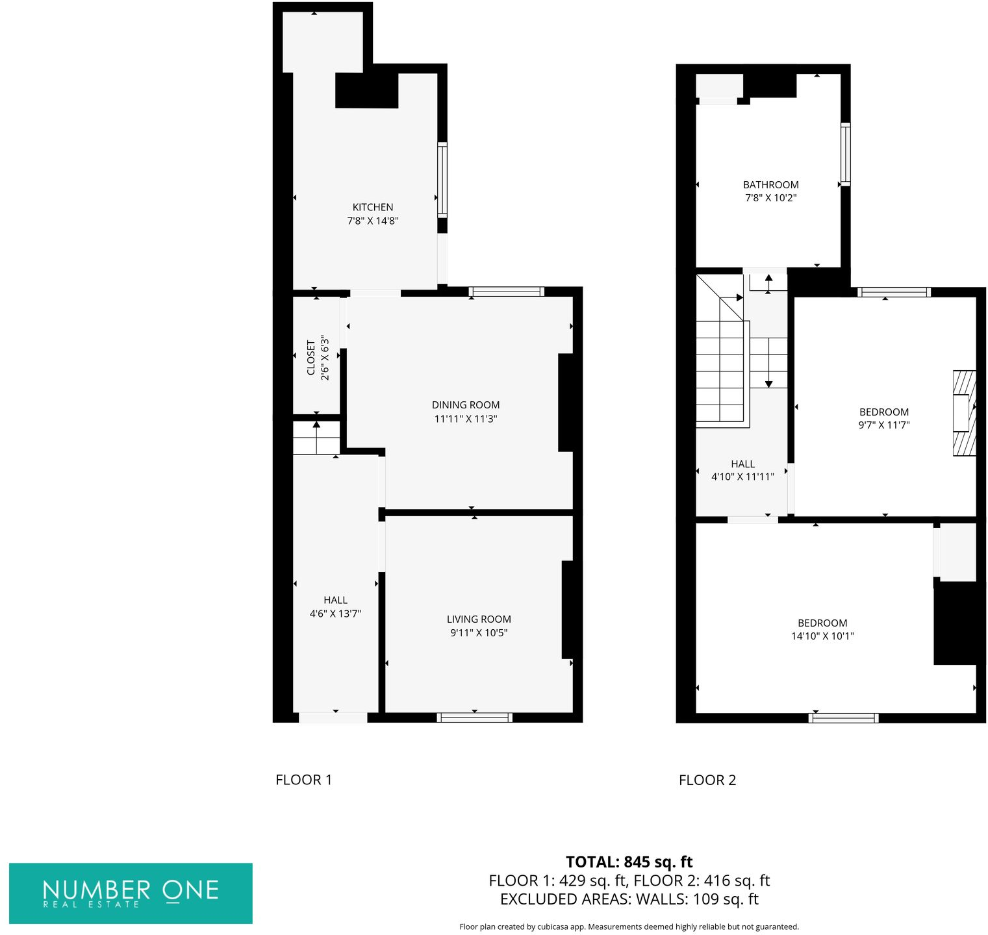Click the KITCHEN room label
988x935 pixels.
pyautogui.click(x=372, y=207)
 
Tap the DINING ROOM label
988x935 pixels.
pyautogui.click(x=466, y=405)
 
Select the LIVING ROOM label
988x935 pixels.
pyautogui.click(x=479, y=619)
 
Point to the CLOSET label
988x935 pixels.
pyautogui.click(x=310, y=358)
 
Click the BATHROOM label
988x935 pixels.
pyautogui.click(x=770, y=185)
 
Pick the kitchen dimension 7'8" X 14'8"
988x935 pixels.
pyautogui.click(x=372, y=221)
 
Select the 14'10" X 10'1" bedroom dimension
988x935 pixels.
pyautogui.click(x=822, y=636)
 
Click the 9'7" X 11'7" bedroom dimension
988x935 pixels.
pyautogui.click(x=883, y=425)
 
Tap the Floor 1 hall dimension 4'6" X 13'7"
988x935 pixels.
pyautogui.click(x=335, y=614)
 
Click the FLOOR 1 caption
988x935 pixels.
pyautogui.click(x=303, y=780)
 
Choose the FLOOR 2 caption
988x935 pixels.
pyautogui.click(x=707, y=780)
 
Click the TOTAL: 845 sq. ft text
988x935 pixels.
pyautogui.click(x=629, y=862)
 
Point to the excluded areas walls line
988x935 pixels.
pyautogui.click(x=629, y=899)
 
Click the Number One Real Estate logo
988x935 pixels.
pyautogui.click(x=131, y=893)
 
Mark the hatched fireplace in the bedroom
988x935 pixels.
pyautogui.click(x=964, y=413)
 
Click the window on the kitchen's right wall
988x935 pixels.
pyautogui.click(x=442, y=179)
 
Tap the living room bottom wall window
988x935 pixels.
pyautogui.click(x=474, y=717)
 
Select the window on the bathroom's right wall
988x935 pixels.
pyautogui.click(x=845, y=154)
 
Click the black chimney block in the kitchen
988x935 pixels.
pyautogui.click(x=366, y=91)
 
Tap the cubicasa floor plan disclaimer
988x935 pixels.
pyautogui.click(x=629, y=927)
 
